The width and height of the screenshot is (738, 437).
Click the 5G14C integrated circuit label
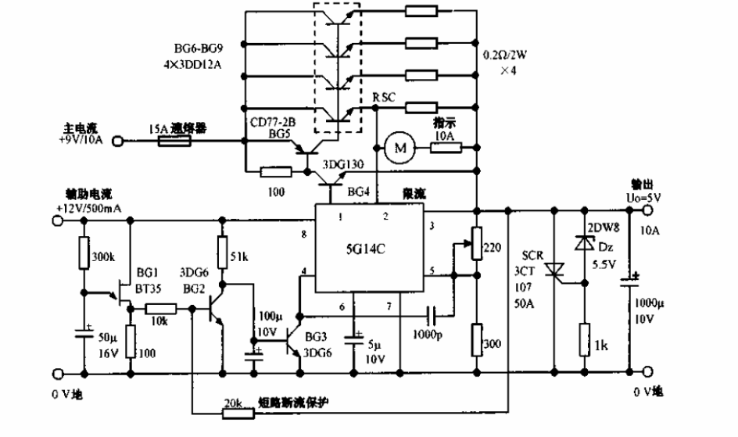click(x=364, y=252)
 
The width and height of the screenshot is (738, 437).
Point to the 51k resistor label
click(x=239, y=256)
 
